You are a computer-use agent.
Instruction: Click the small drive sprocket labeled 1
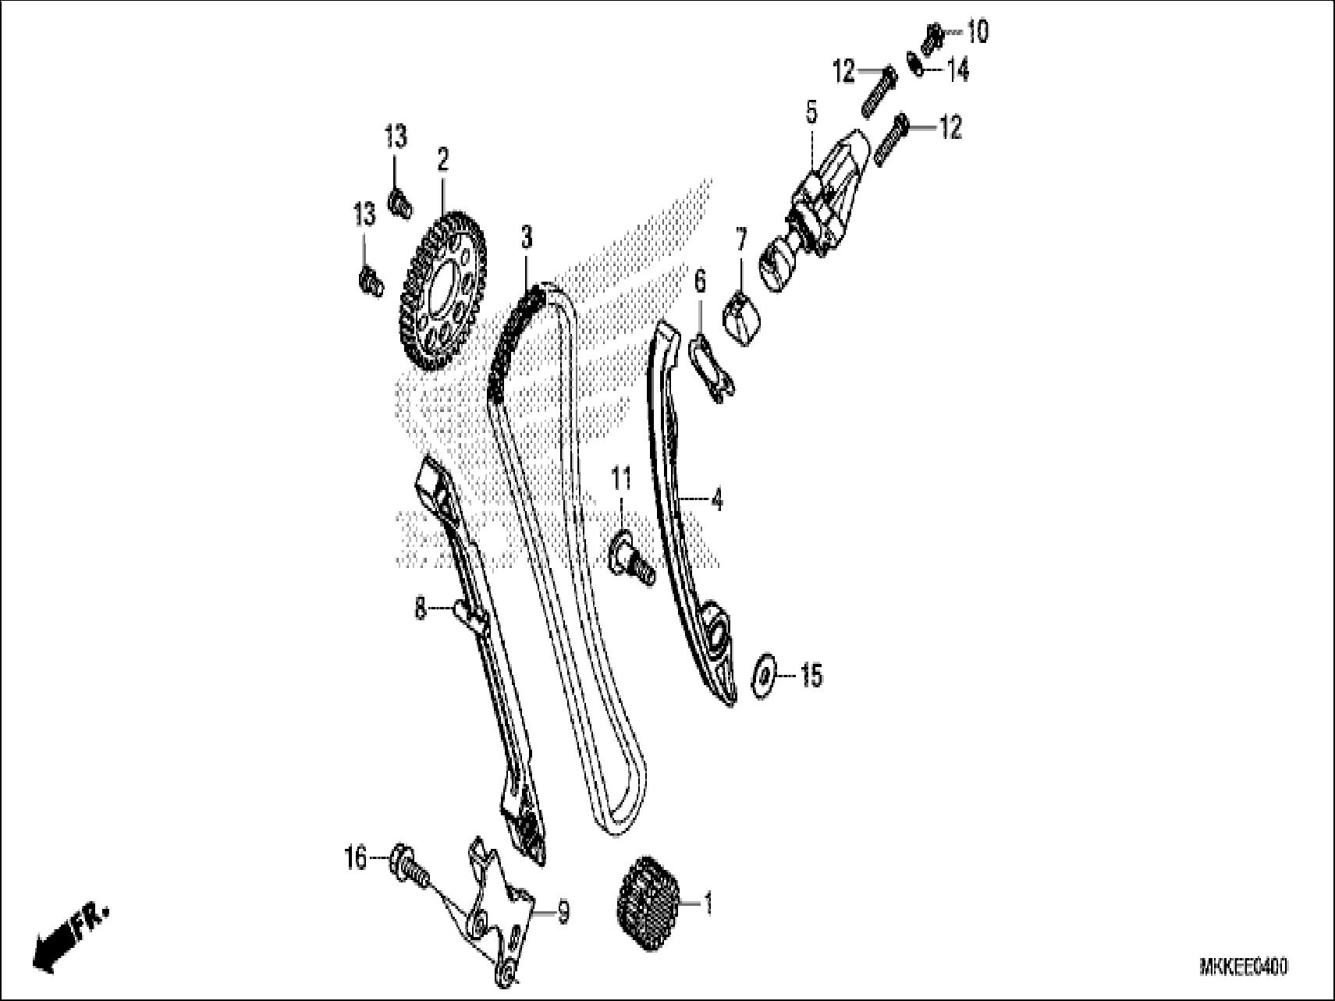click(649, 906)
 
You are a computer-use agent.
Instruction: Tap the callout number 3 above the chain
click(528, 237)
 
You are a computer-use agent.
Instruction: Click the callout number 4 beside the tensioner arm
click(717, 499)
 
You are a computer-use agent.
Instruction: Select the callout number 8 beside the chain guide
click(421, 608)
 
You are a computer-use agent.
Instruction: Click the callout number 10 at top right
click(977, 32)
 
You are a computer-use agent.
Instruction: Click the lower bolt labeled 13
click(370, 282)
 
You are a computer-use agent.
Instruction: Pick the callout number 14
click(958, 70)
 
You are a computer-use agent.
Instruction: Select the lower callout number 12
click(950, 127)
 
